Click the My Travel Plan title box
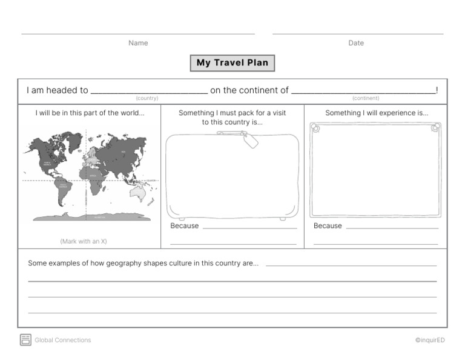[232, 63]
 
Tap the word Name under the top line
[138, 43]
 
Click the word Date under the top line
[356, 43]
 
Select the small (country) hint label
[147, 98]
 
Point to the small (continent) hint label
[366, 98]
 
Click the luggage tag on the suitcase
[249, 140]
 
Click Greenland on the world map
[74, 140]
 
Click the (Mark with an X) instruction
[84, 241]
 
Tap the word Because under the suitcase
[184, 226]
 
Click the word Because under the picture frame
[328, 226]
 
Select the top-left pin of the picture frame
[315, 128]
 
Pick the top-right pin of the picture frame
[435, 128]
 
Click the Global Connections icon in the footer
[25, 340]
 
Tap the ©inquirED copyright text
[430, 341]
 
